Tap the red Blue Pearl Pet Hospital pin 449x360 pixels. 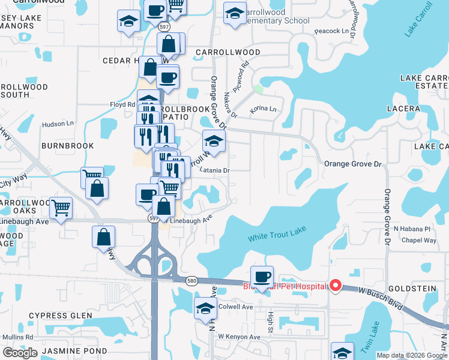(x=336, y=286)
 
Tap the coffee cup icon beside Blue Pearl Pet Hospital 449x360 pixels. (x=262, y=277)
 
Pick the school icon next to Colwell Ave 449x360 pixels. (x=205, y=308)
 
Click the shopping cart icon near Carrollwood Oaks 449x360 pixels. (x=61, y=208)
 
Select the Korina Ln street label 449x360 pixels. (x=264, y=109)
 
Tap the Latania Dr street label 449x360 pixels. (x=215, y=170)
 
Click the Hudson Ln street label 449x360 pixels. (x=57, y=124)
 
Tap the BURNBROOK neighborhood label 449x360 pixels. (x=67, y=146)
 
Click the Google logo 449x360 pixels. (x=20, y=353)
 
